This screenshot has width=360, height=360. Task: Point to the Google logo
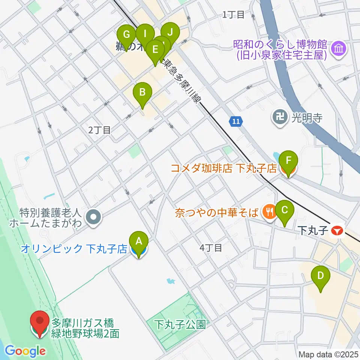pyautogui.click(x=25, y=351)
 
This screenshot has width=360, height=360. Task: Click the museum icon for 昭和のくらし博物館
pyautogui.click(x=339, y=48)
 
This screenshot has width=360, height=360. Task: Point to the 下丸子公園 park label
pyautogui.click(x=181, y=324)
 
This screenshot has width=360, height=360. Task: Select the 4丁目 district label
pyautogui.click(x=211, y=248)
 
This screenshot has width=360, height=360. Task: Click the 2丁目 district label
pyautogui.click(x=99, y=130)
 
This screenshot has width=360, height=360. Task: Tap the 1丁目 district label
pyautogui.click(x=233, y=15)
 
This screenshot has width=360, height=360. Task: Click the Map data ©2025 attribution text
pyautogui.click(x=327, y=354)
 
